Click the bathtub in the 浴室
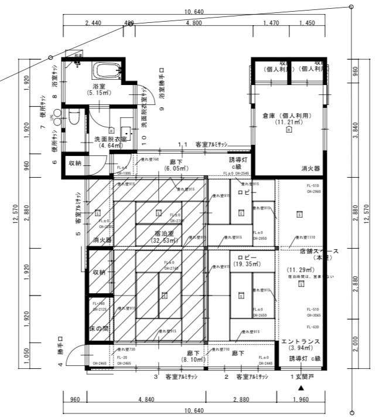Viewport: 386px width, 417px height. pyautogui.click(x=104, y=72)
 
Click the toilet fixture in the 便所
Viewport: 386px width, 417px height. pyautogui.click(x=74, y=118)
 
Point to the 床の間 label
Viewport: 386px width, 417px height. pyautogui.click(x=98, y=327)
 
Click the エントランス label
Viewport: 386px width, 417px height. pyautogui.click(x=299, y=341)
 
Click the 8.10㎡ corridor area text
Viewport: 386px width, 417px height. pyautogui.click(x=175, y=360)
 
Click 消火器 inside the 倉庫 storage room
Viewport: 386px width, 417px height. pyautogui.click(x=310, y=168)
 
